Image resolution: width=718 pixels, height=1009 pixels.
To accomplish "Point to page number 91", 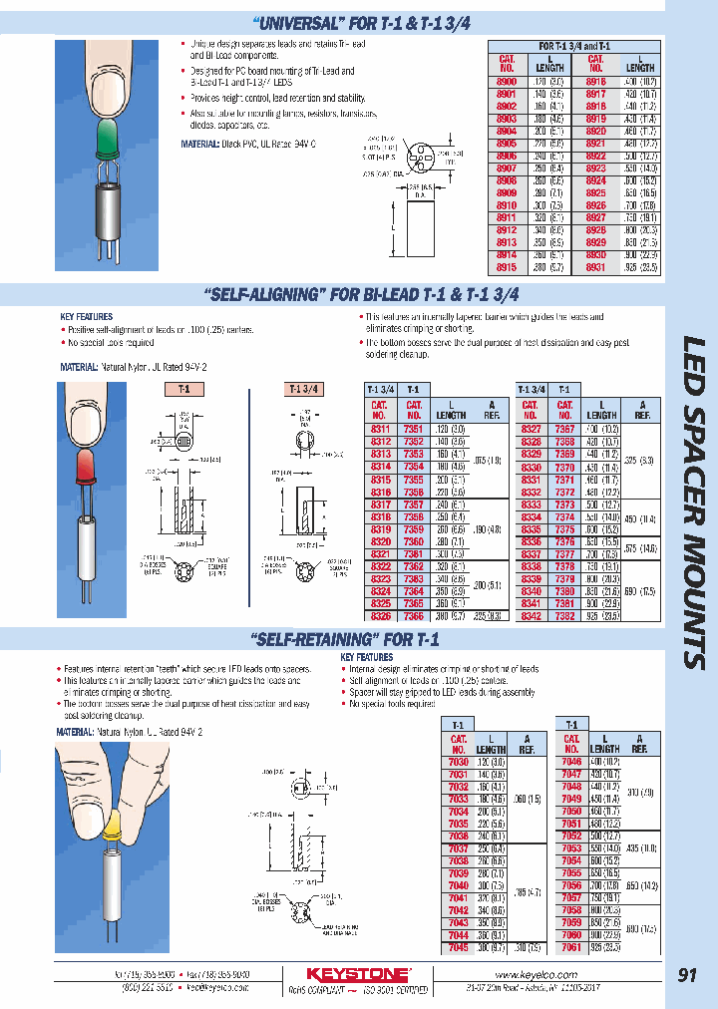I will pos(687,975).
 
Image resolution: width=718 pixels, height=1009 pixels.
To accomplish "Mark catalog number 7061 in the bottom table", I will pos(571,947).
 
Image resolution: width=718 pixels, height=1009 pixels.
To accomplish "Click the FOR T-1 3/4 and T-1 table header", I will pos(574,46).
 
